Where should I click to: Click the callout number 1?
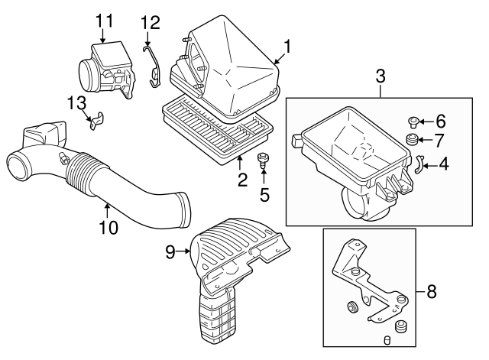[x=287, y=47]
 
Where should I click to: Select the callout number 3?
[x=380, y=76]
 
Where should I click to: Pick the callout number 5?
[x=264, y=194]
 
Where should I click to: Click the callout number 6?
[x=439, y=121]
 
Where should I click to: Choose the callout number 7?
[x=439, y=139]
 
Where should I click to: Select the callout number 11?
[x=103, y=19]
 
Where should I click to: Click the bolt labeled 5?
[x=264, y=160]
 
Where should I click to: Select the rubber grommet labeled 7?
[x=411, y=140]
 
